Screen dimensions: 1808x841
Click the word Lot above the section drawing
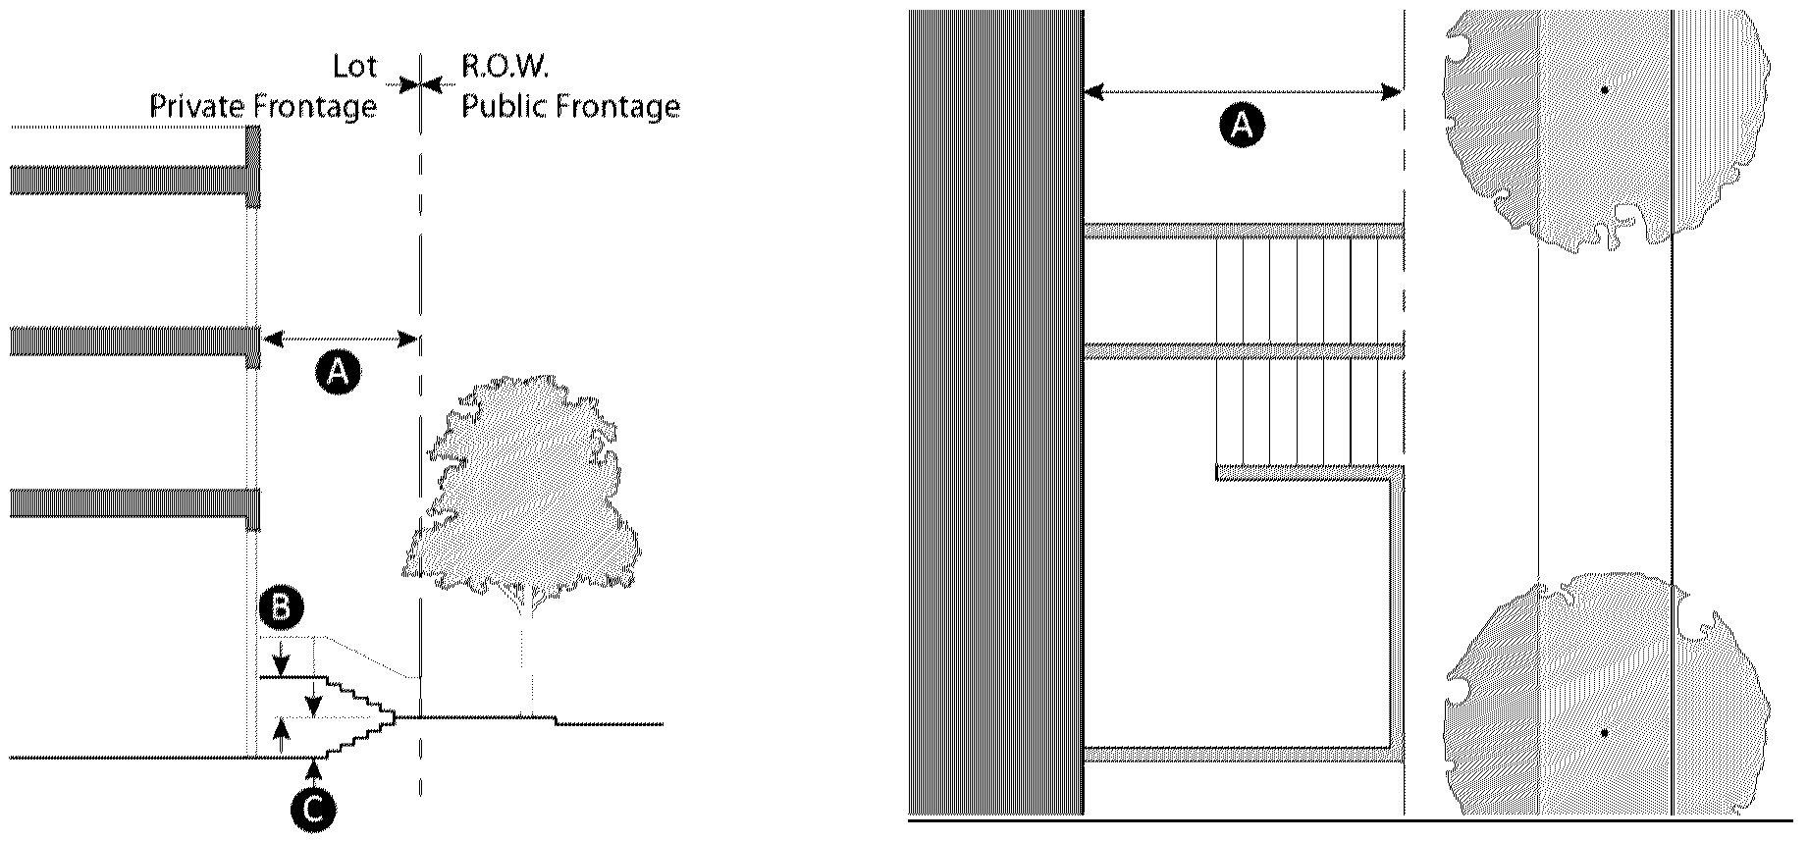pyautogui.click(x=354, y=68)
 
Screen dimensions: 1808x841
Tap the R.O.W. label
pyautogui.click(x=505, y=68)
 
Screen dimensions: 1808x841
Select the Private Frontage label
pyautogui.click(x=263, y=106)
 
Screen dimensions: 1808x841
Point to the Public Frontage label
pyautogui.click(x=570, y=106)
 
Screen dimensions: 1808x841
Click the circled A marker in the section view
pyautogui.click(x=337, y=373)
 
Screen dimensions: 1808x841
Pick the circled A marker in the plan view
pyautogui.click(x=1242, y=127)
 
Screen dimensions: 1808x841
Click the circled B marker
pyautogui.click(x=281, y=608)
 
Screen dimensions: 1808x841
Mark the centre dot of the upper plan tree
pyautogui.click(x=1605, y=90)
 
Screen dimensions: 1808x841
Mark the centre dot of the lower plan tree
pyautogui.click(x=1605, y=733)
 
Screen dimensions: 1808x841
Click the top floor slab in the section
pyautogui.click(x=133, y=181)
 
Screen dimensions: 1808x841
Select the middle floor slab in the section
pyautogui.click(x=133, y=341)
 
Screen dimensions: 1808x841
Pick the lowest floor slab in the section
pyautogui.click(x=133, y=501)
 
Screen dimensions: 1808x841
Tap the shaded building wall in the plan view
pyautogui.click(x=995, y=412)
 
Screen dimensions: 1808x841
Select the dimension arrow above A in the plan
pyautogui.click(x=1242, y=92)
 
